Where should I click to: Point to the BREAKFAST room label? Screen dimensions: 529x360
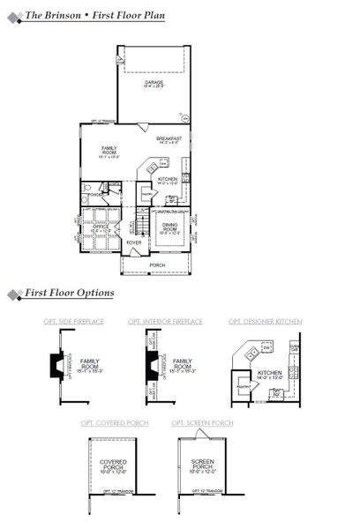click(169, 140)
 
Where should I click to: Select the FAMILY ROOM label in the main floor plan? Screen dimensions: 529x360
click(110, 151)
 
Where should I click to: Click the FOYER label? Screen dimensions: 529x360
click(133, 242)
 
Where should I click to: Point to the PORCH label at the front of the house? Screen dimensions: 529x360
click(157, 264)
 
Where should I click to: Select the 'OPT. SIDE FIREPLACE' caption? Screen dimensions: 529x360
click(73, 322)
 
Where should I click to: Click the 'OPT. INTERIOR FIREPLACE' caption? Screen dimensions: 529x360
click(165, 322)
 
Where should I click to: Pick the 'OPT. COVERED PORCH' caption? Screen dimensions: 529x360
click(110, 423)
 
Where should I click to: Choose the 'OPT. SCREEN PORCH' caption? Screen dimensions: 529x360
click(202, 423)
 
